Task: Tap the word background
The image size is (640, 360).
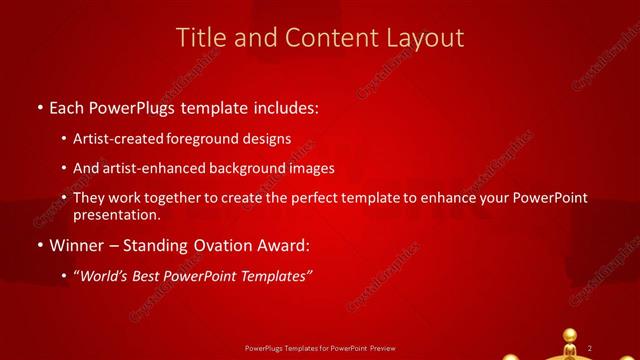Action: click(242, 168)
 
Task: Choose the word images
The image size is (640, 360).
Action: click(309, 168)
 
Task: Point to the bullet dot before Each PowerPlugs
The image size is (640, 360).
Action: click(39, 107)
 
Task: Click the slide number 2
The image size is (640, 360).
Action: click(590, 347)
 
